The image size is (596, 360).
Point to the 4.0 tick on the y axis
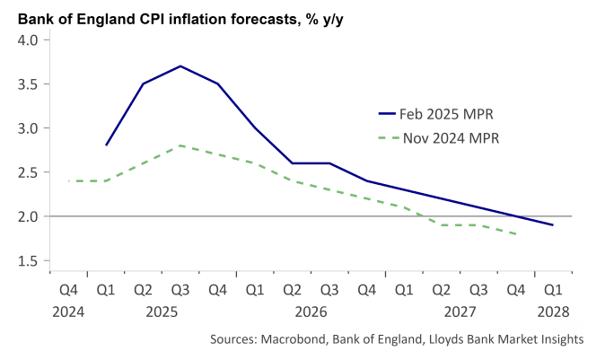tap(27, 40)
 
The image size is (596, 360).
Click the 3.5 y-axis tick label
tap(27, 84)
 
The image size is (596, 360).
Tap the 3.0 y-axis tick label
tap(27, 128)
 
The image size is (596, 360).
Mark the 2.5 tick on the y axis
tap(27, 172)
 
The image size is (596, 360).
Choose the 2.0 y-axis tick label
tap(27, 216)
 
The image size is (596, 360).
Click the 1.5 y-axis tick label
tap(27, 260)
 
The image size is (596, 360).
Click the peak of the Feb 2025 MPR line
tap(180, 66)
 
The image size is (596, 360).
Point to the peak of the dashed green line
tap(180, 145)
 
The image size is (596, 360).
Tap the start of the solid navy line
tap(106, 145)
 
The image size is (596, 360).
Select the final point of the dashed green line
tap(516, 234)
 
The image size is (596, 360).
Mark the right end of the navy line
tap(553, 225)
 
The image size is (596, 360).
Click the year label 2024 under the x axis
tap(68, 312)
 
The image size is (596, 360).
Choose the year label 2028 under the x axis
tap(553, 312)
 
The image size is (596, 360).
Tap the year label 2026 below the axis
tap(311, 312)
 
